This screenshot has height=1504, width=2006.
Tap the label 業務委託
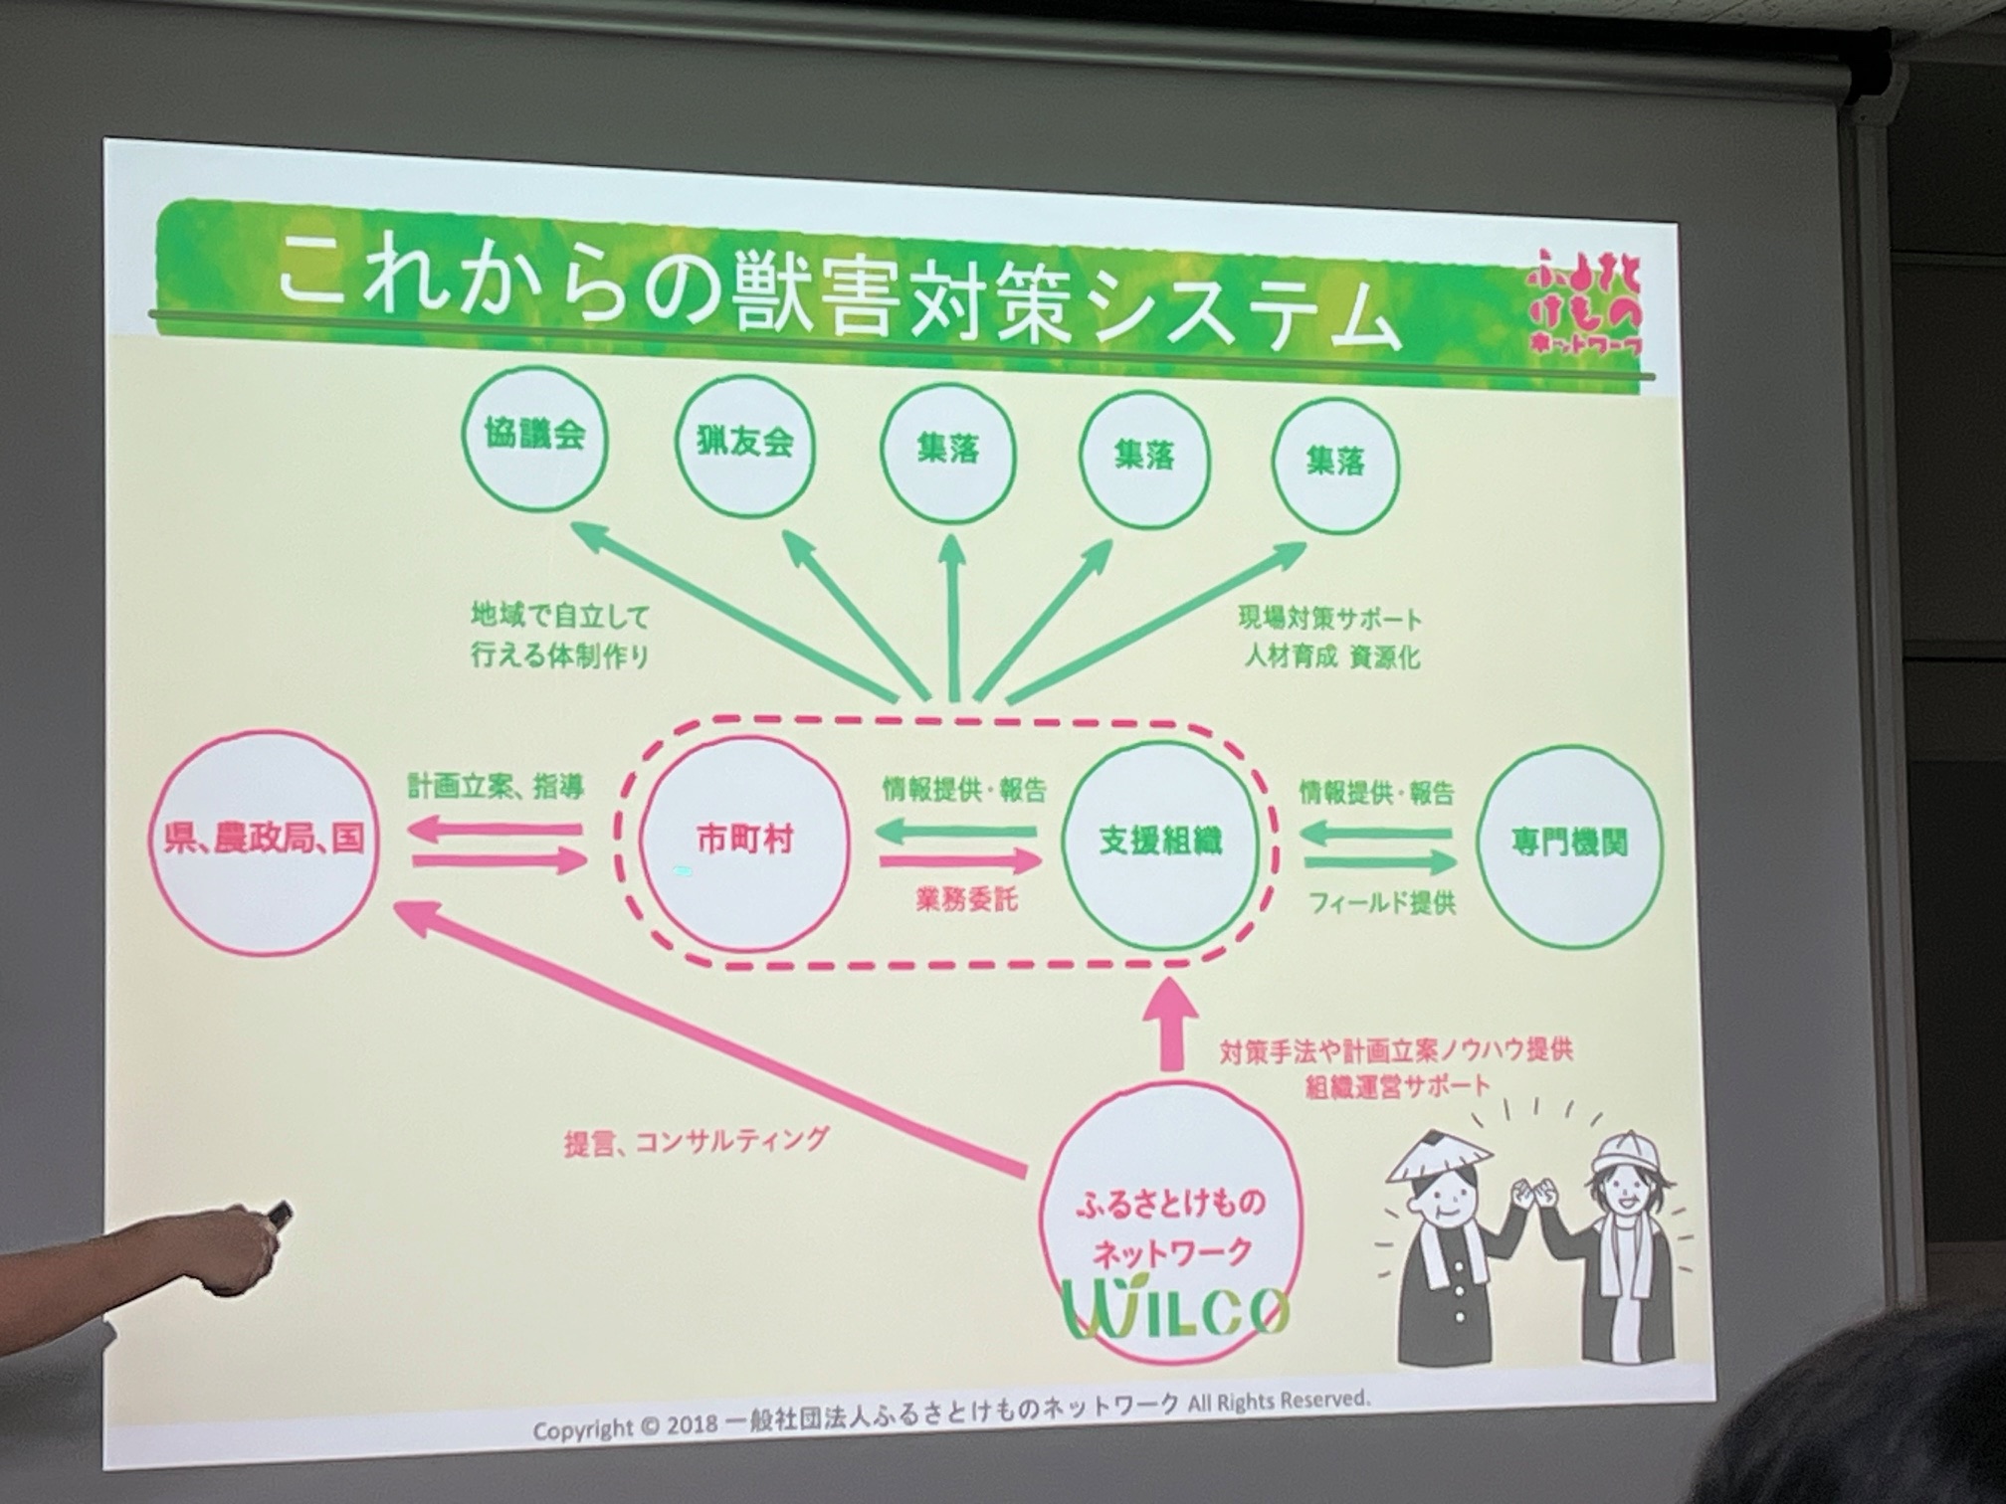click(967, 900)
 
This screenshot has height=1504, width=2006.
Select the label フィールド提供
click(1381, 903)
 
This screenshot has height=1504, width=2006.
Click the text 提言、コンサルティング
click(696, 1141)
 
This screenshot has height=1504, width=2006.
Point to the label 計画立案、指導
click(496, 787)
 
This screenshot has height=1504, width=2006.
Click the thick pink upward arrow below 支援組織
click(1176, 1024)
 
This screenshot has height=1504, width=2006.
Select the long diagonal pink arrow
click(710, 1035)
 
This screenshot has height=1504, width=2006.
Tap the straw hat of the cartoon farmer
click(1439, 1156)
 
